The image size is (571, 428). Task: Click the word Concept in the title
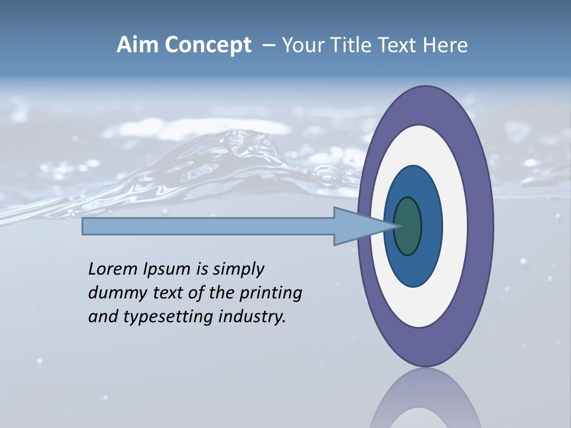(x=208, y=45)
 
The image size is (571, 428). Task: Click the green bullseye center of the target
(x=407, y=226)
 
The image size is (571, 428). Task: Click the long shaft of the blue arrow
(x=208, y=226)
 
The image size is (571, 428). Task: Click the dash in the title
(x=269, y=45)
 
